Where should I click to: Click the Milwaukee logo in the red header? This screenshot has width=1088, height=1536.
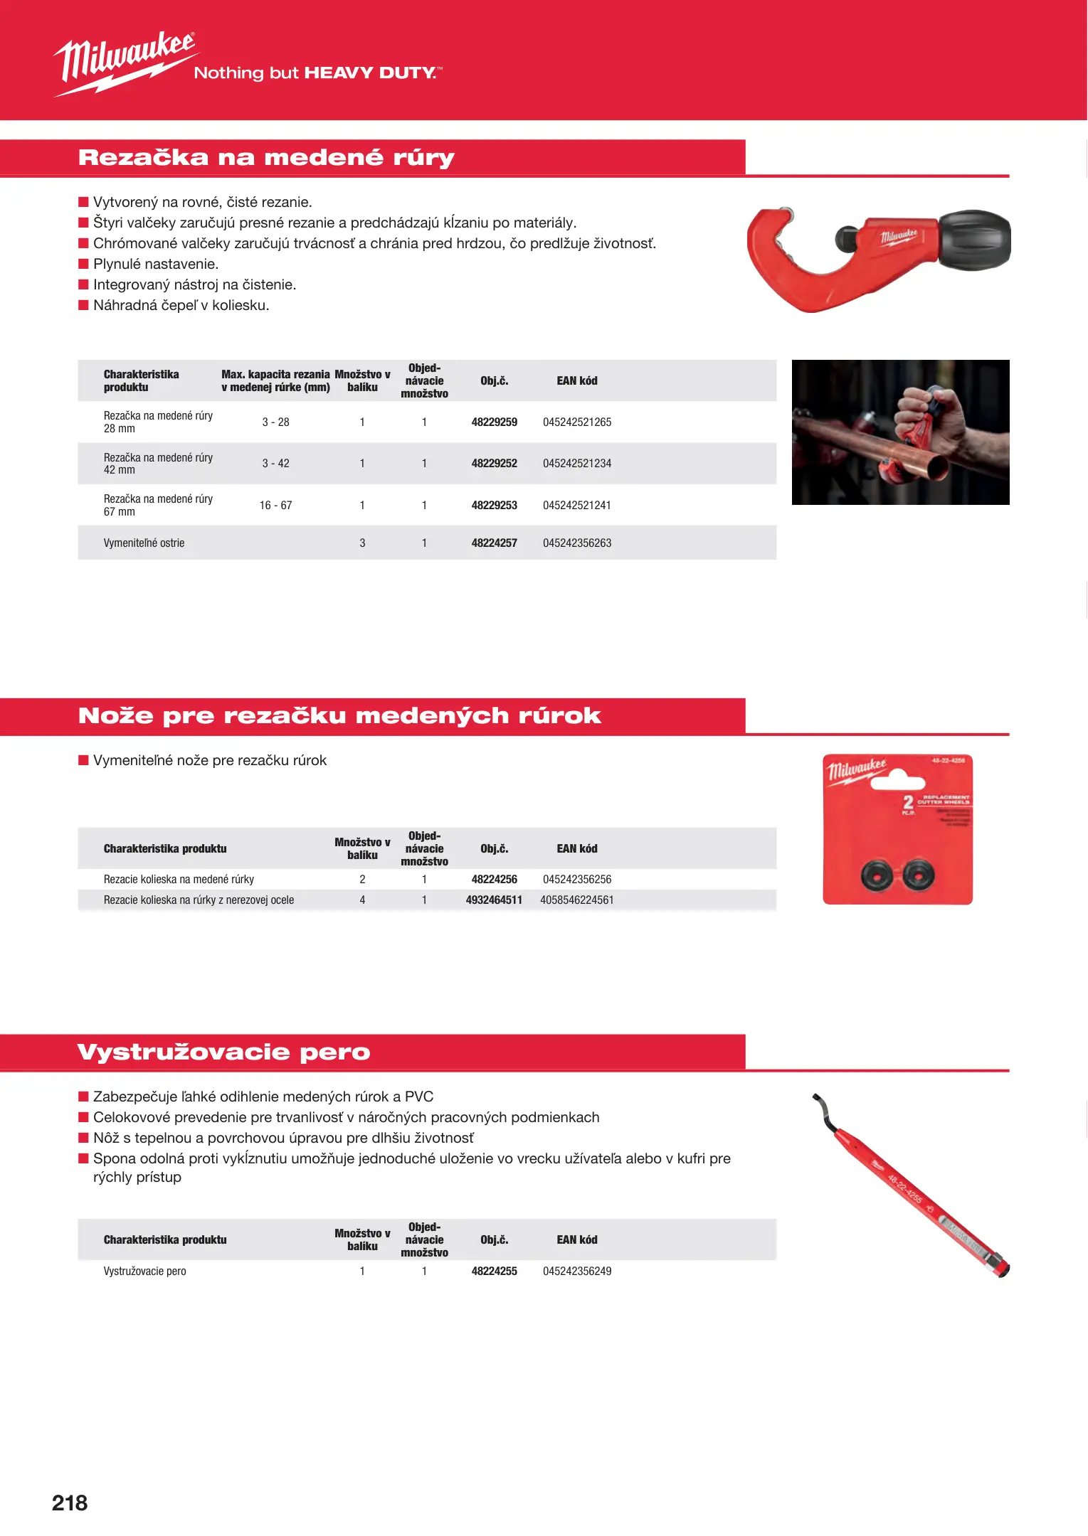click(125, 62)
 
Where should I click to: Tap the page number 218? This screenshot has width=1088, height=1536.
click(70, 1503)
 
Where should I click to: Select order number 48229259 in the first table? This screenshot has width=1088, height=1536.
click(494, 422)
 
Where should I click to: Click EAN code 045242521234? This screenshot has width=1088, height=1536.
click(576, 464)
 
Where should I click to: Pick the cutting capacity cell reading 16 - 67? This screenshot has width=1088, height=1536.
click(275, 506)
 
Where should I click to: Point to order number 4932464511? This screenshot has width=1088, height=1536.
click(494, 900)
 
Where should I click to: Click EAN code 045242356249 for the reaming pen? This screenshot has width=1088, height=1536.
click(576, 1271)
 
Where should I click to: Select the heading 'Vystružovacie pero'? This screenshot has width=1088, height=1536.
click(223, 1052)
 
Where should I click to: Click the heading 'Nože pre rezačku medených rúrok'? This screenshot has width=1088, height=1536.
click(339, 716)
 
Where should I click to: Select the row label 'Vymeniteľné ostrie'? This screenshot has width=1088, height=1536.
click(144, 543)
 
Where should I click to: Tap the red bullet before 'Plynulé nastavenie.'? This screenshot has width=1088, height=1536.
click(83, 265)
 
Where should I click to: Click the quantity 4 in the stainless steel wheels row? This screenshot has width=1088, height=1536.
click(362, 900)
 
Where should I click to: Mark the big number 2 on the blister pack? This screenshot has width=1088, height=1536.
click(908, 803)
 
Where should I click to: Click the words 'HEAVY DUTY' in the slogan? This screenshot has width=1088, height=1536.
click(369, 73)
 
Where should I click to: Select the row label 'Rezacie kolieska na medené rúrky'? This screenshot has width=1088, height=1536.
click(179, 880)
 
